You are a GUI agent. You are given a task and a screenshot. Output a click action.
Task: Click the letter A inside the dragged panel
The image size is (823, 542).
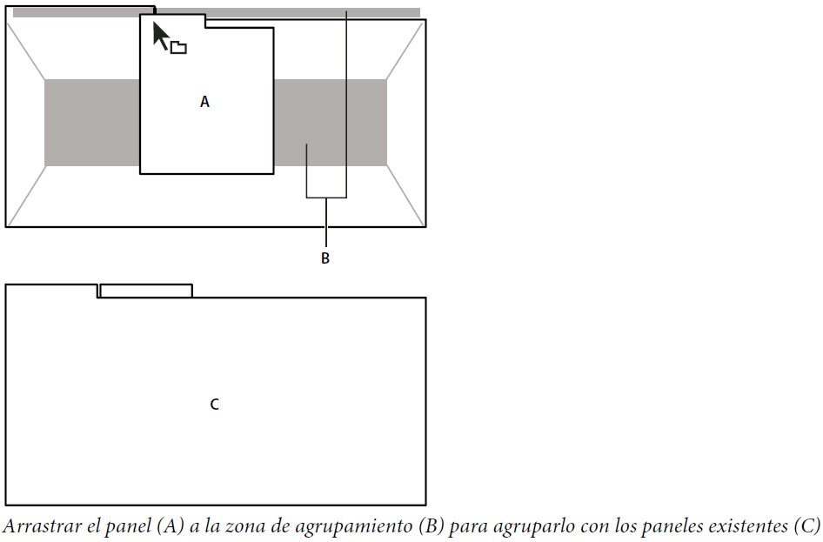[205, 102]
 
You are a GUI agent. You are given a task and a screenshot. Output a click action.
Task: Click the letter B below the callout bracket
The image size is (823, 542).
[325, 258]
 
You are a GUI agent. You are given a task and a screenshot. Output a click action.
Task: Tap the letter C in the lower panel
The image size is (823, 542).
[215, 405]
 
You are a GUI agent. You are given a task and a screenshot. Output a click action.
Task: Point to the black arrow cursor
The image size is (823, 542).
[161, 34]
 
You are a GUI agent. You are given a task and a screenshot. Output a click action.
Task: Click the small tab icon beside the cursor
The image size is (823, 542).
[178, 48]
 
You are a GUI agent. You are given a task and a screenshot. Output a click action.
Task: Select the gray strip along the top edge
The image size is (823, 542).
[287, 12]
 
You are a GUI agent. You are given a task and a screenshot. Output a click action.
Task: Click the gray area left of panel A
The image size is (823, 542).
[91, 122]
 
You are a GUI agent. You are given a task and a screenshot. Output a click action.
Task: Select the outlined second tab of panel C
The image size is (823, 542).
[145, 291]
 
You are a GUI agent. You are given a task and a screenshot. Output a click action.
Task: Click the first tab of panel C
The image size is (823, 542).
[51, 291]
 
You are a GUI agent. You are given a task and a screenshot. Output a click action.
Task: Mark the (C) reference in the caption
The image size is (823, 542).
[806, 526]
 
